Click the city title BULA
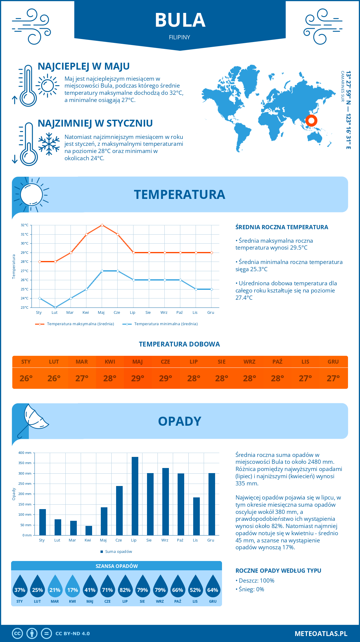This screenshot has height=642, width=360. [x=180, y=20]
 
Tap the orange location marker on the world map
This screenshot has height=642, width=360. [x=311, y=121]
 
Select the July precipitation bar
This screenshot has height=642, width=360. [x=135, y=496]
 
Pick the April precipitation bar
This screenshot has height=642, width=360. [x=89, y=530]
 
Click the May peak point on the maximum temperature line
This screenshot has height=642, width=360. [x=102, y=225]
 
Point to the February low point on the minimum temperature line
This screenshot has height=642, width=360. [x=55, y=307]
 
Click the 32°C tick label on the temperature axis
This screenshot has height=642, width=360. [x=25, y=225]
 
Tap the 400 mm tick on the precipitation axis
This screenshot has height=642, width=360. [x=25, y=453]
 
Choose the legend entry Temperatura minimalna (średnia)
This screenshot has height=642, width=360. [x=166, y=324]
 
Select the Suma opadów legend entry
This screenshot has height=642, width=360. [x=118, y=551]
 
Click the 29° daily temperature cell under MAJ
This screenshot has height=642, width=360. [x=138, y=378]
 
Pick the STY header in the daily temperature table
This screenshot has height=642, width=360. [x=26, y=362]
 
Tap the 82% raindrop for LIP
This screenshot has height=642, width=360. [x=125, y=587]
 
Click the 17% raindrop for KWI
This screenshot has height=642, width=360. [x=73, y=587]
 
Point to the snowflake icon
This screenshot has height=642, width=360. [x=49, y=144]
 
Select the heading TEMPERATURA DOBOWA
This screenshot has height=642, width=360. [x=179, y=344]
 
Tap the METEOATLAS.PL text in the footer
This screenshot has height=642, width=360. [x=321, y=634]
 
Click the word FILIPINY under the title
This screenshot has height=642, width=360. [x=179, y=37]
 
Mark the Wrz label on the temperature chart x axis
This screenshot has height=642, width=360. [x=164, y=313]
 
